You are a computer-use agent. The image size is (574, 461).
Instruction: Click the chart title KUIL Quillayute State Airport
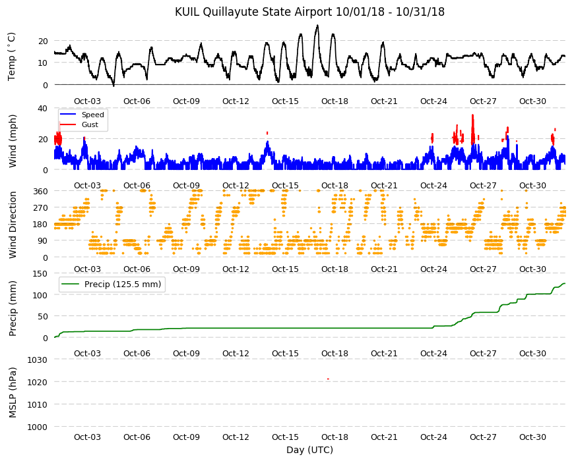(254, 12)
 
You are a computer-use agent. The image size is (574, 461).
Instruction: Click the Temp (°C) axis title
(12, 57)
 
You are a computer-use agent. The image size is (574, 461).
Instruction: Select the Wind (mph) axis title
(13, 141)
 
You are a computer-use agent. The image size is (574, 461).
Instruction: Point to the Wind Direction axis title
(13, 225)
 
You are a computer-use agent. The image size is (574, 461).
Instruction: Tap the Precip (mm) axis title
(13, 308)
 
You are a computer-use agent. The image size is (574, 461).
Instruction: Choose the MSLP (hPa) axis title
(13, 393)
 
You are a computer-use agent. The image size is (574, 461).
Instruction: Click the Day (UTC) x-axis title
(309, 450)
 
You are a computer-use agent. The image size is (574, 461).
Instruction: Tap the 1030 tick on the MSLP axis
(38, 360)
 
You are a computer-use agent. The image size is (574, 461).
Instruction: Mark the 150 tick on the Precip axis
(40, 273)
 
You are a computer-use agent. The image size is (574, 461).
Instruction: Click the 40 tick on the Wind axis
(42, 109)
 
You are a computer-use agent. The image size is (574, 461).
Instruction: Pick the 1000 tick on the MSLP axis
(38, 427)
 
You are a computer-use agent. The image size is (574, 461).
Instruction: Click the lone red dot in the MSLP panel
(328, 379)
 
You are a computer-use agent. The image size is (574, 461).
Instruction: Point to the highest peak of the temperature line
(317, 25)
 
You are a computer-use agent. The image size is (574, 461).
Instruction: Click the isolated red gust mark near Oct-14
(267, 133)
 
